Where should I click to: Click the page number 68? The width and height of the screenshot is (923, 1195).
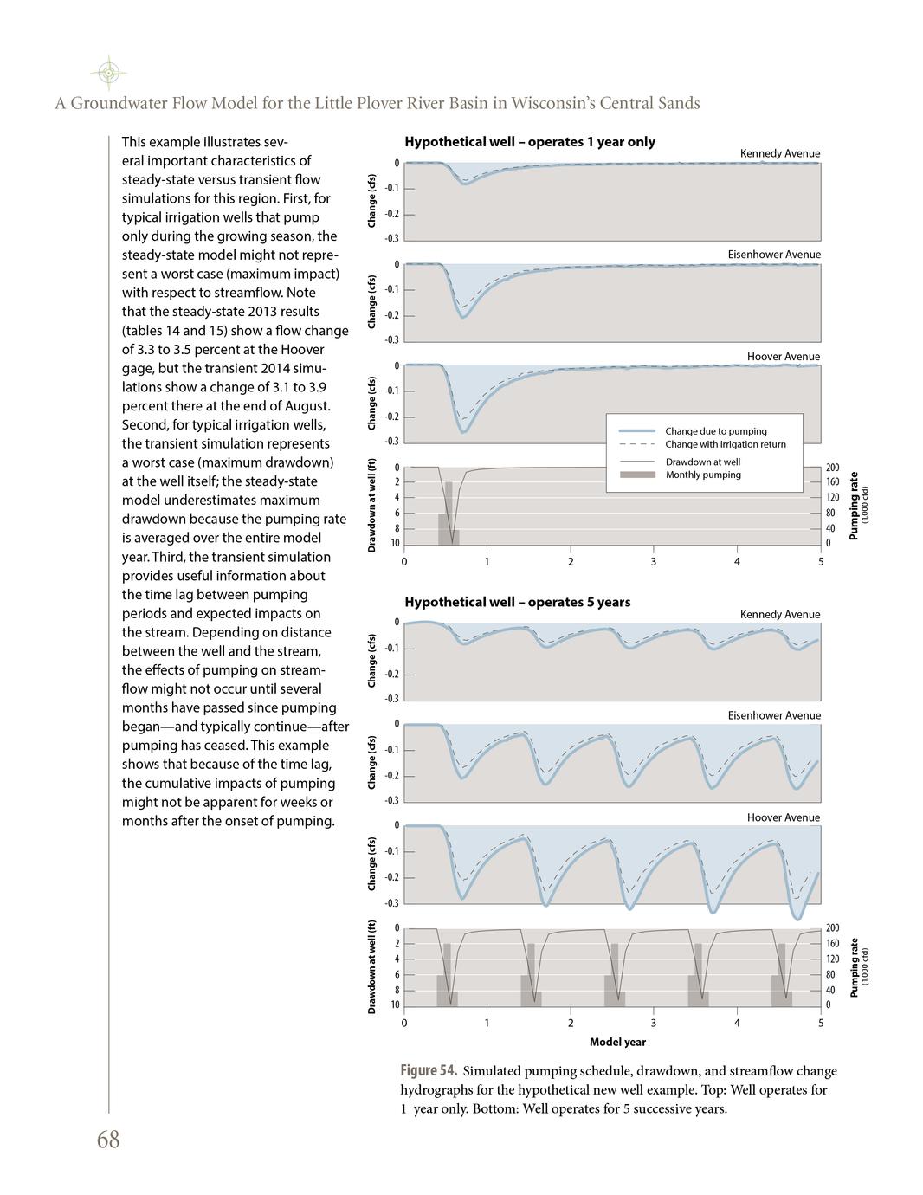[108, 1140]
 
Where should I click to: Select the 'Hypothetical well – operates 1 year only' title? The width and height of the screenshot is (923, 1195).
[529, 142]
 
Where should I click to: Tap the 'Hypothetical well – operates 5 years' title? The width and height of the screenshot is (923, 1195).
[517, 602]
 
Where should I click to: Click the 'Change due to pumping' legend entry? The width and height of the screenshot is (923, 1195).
[715, 431]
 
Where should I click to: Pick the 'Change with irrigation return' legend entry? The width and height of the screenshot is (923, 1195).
[725, 444]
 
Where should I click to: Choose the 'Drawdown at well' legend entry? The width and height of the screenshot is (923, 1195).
[702, 462]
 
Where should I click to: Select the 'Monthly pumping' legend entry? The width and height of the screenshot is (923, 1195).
[702, 475]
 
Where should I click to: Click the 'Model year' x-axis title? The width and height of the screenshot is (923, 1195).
[617, 1042]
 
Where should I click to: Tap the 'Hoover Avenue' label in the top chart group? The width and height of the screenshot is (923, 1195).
[783, 357]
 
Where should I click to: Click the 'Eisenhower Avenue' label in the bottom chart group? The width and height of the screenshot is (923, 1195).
[773, 715]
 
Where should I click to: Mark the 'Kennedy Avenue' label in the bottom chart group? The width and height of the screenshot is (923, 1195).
[779, 615]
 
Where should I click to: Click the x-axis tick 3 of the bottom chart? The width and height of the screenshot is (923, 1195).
[654, 1023]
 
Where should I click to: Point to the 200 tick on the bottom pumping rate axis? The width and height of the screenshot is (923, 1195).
[832, 928]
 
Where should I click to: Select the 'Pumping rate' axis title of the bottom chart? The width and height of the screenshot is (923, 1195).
[854, 966]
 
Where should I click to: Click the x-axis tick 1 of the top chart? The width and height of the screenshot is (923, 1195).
[487, 561]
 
